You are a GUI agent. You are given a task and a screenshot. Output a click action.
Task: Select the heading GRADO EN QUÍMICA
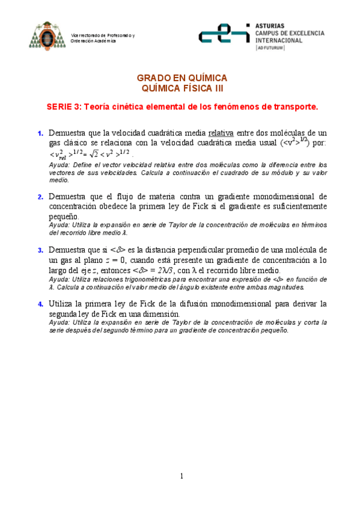point(182,78)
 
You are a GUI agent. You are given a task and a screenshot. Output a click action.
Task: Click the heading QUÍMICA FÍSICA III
point(182,88)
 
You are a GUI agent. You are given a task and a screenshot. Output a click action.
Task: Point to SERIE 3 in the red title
point(64,107)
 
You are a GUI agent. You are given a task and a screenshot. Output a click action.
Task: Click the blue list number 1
point(40,133)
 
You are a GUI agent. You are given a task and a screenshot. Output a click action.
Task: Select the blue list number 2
point(40,197)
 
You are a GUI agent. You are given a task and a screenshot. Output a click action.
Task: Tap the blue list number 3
point(40,250)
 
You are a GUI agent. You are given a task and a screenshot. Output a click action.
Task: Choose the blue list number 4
point(40,304)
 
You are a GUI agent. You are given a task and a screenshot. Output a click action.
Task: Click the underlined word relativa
point(222,132)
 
